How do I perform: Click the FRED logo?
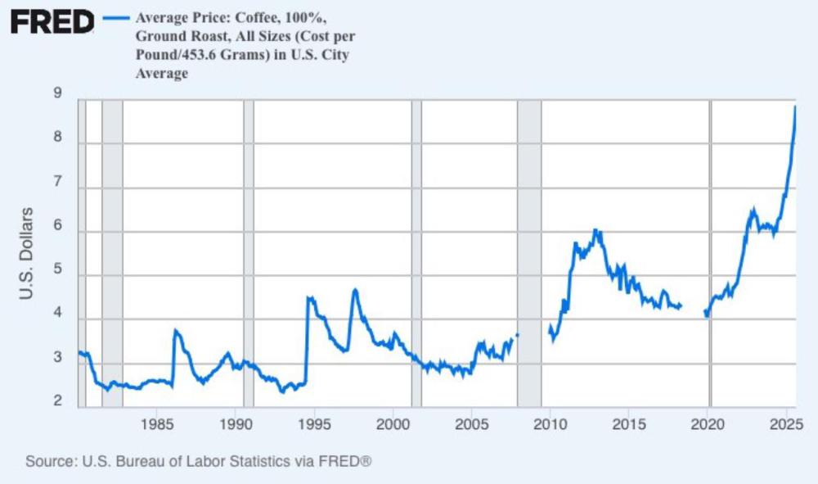(52, 22)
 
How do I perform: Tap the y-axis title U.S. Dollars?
(26, 253)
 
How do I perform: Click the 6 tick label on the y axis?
(58, 232)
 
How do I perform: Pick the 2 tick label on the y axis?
(58, 400)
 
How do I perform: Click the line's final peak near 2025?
(795, 107)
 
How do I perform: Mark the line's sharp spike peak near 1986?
(176, 330)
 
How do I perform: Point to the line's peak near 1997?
(355, 289)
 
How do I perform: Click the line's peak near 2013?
(596, 230)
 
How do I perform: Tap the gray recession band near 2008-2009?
(529, 253)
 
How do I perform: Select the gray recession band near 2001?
(416, 253)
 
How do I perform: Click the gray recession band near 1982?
(112, 253)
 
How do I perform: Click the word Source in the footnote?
(52, 461)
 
